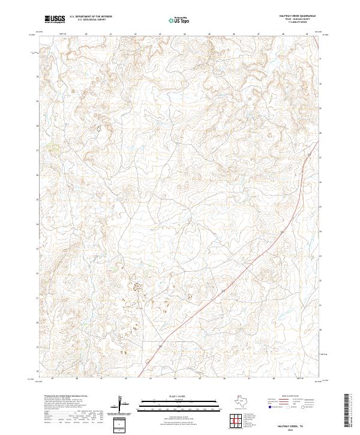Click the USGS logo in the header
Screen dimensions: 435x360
(x=55, y=19)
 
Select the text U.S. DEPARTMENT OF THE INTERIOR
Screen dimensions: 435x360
(x=90, y=17)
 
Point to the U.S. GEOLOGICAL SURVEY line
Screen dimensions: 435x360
(x=90, y=20)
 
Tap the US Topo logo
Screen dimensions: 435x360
(x=181, y=19)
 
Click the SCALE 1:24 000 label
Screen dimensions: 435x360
(x=180, y=397)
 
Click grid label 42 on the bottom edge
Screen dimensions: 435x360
(x=126, y=379)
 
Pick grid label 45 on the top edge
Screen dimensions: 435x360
(x=184, y=34)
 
